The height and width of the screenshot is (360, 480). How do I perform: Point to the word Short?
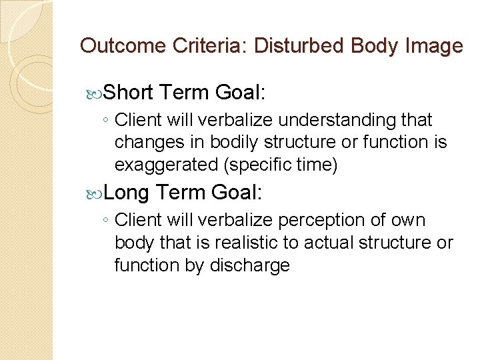[129, 93]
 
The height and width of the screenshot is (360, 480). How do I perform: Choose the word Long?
[127, 193]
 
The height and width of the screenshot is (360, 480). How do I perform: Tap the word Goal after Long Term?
[236, 193]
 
